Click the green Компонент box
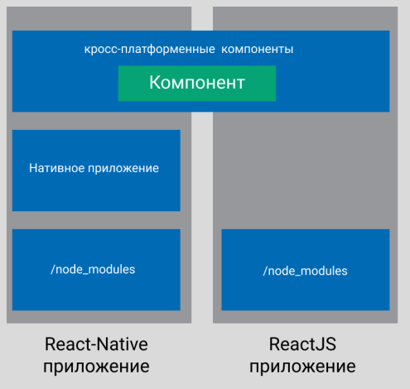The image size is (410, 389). (x=197, y=84)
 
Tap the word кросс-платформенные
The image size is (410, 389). (x=150, y=50)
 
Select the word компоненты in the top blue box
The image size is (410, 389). (x=257, y=50)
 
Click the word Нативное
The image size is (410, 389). (x=56, y=168)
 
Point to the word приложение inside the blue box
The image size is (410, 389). (x=123, y=169)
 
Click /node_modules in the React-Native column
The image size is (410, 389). (x=93, y=269)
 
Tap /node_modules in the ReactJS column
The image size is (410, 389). (x=305, y=271)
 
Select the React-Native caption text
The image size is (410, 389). (x=96, y=344)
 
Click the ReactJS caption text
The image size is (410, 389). (x=302, y=344)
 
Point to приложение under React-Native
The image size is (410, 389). (x=96, y=367)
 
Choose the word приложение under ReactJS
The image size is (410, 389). (x=302, y=367)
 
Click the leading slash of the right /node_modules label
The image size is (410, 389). (x=265, y=271)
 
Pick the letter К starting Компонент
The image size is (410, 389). (x=155, y=82)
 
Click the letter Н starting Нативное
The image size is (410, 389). (x=33, y=168)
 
